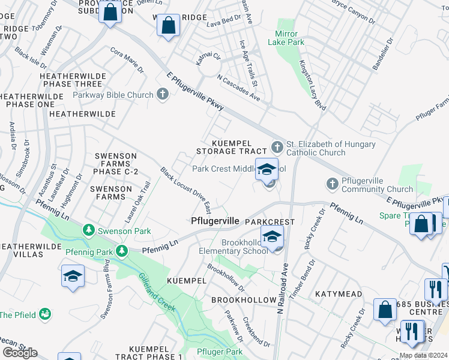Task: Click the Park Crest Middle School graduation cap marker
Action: (x=268, y=170)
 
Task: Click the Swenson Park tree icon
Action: (x=88, y=230)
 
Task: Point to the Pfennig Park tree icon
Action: (x=122, y=250)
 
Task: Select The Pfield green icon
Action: (x=44, y=314)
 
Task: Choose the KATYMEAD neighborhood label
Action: (x=339, y=294)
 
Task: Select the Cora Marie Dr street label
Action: (x=127, y=60)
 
